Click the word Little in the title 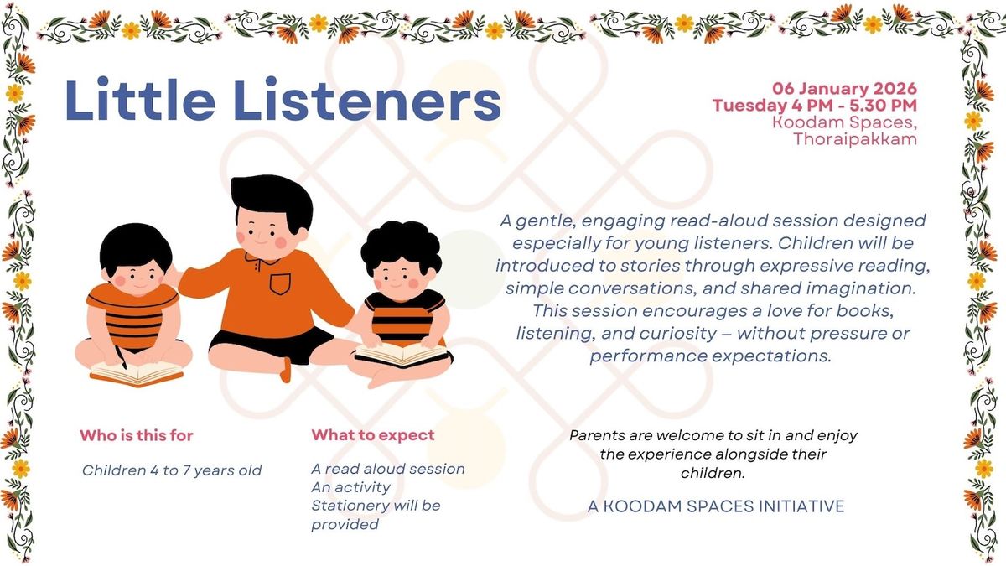point(140,100)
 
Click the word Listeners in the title point(367,100)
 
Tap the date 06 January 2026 point(844,89)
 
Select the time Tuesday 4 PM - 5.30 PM point(814,106)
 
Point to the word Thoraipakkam point(854,139)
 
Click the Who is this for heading point(137,435)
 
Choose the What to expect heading point(373,435)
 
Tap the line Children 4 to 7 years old point(172,470)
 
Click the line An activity point(350,487)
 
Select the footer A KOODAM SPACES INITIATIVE point(716,506)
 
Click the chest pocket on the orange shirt point(280,284)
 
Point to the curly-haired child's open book point(402,355)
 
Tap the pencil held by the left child point(121,357)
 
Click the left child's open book point(137,374)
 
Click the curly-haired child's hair point(401,247)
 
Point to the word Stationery point(349,506)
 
